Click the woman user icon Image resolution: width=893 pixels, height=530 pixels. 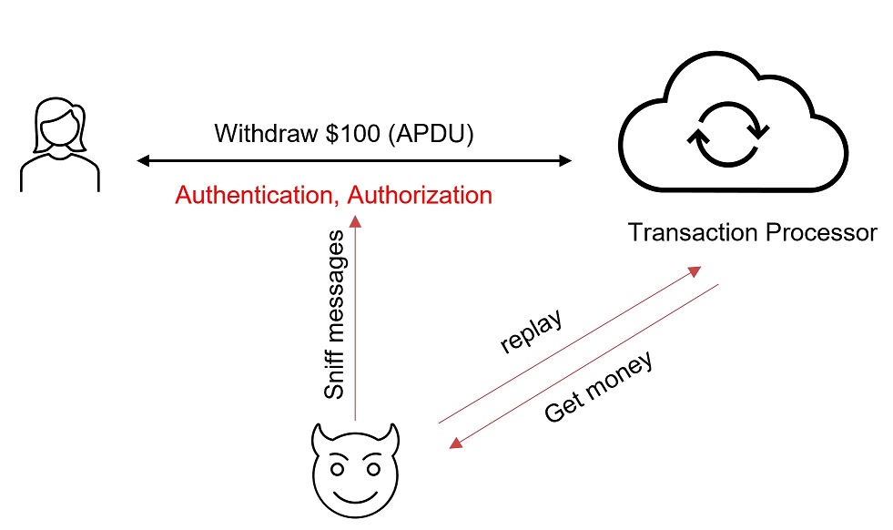click(60, 145)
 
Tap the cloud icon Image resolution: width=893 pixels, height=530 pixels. click(733, 123)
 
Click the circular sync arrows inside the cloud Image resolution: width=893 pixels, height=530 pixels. click(728, 135)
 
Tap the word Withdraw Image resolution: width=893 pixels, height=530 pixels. click(266, 133)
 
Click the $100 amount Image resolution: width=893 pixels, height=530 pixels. click(352, 133)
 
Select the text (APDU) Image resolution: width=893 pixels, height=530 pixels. click(431, 134)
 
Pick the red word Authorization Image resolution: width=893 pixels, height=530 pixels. click(420, 196)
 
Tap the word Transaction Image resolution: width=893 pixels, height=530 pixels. click(693, 232)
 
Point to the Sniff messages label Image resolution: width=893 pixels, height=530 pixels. click(334, 314)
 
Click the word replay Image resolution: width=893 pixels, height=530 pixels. click(532, 331)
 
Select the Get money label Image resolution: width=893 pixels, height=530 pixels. click(598, 388)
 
